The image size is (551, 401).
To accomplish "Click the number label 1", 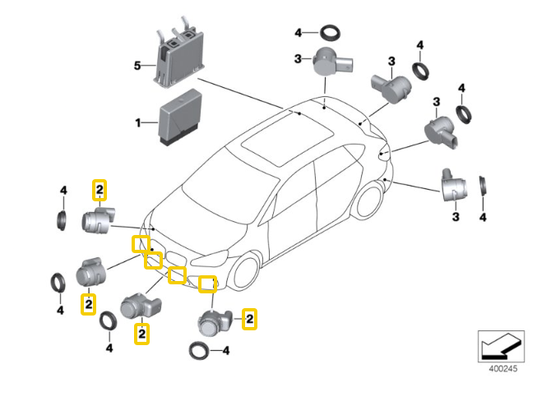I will click(x=138, y=123).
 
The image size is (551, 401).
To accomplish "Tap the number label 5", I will click(x=138, y=64).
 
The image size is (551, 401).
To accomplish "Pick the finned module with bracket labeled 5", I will click(x=177, y=55).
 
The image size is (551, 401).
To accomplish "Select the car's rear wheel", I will click(x=370, y=202).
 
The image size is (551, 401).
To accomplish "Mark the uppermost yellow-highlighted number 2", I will click(x=99, y=191).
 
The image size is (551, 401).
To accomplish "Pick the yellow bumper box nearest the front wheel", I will click(x=208, y=284).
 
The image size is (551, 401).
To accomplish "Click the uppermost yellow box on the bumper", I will click(x=141, y=243).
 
